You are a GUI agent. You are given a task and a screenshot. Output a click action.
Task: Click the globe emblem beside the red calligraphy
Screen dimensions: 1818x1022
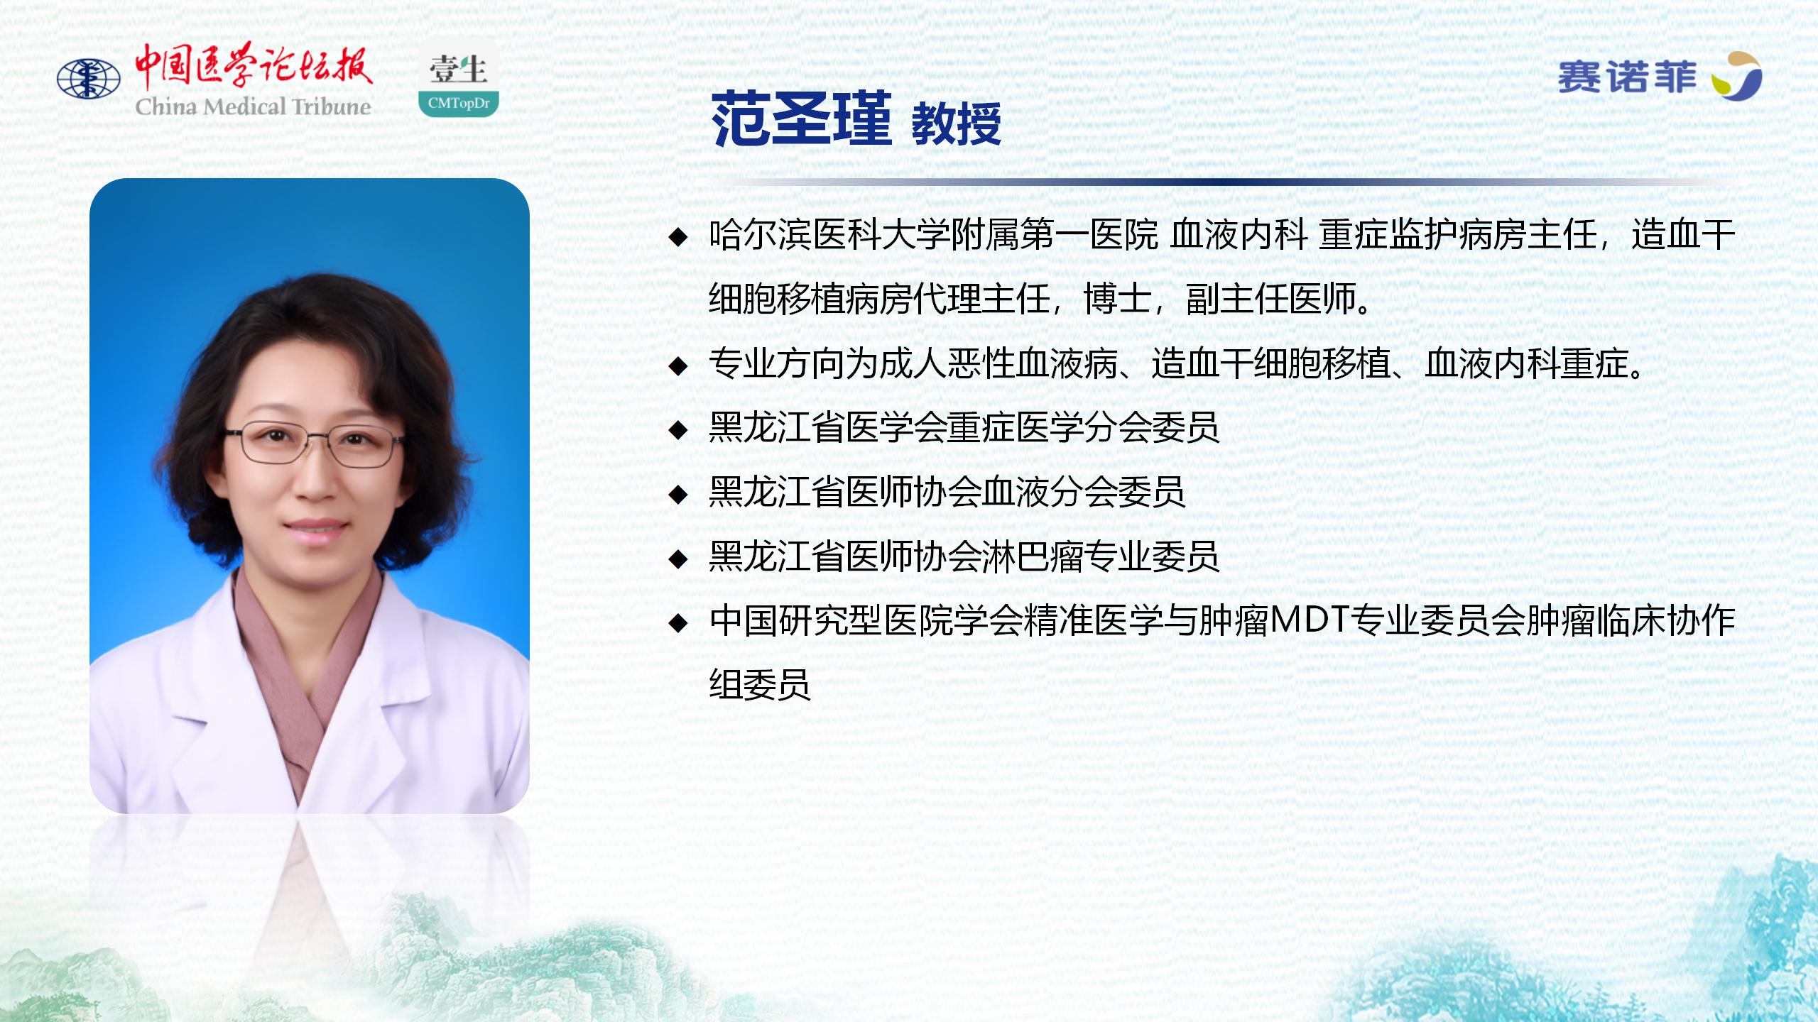tap(89, 78)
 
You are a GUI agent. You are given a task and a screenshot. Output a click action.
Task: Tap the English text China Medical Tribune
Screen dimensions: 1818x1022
tap(254, 107)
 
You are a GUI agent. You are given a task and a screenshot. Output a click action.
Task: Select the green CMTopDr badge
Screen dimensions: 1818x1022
tap(459, 103)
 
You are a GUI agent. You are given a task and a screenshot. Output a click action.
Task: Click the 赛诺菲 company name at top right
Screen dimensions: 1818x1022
tap(1627, 77)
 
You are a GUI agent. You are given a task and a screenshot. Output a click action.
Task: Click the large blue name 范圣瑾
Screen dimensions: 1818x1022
tap(802, 119)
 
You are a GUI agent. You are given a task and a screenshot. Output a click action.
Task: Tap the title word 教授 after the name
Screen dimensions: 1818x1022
tap(956, 124)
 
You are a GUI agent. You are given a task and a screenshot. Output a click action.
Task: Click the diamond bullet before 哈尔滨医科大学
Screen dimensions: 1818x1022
tap(679, 237)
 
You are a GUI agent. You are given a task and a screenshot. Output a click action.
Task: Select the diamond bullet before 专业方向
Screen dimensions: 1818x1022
tap(679, 366)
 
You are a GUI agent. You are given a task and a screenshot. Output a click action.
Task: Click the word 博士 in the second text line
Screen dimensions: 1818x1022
tap(1117, 299)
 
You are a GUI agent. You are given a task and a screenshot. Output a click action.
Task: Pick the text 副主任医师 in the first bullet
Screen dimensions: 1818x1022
tap(1271, 299)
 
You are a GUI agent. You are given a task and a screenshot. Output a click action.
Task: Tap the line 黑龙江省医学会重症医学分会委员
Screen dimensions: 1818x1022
tap(964, 428)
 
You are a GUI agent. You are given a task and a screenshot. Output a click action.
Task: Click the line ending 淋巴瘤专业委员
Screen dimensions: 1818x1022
tap(964, 556)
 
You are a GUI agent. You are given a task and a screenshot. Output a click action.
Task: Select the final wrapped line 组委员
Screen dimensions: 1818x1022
tap(760, 685)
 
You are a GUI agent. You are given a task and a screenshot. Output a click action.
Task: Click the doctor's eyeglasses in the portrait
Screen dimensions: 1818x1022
tap(315, 443)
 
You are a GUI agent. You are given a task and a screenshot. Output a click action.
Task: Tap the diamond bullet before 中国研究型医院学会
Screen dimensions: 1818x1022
tap(679, 623)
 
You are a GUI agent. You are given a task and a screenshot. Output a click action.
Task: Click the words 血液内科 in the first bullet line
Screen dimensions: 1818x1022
tap(1239, 235)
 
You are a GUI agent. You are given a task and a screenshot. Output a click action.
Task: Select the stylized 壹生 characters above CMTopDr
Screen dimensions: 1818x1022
tap(459, 70)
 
